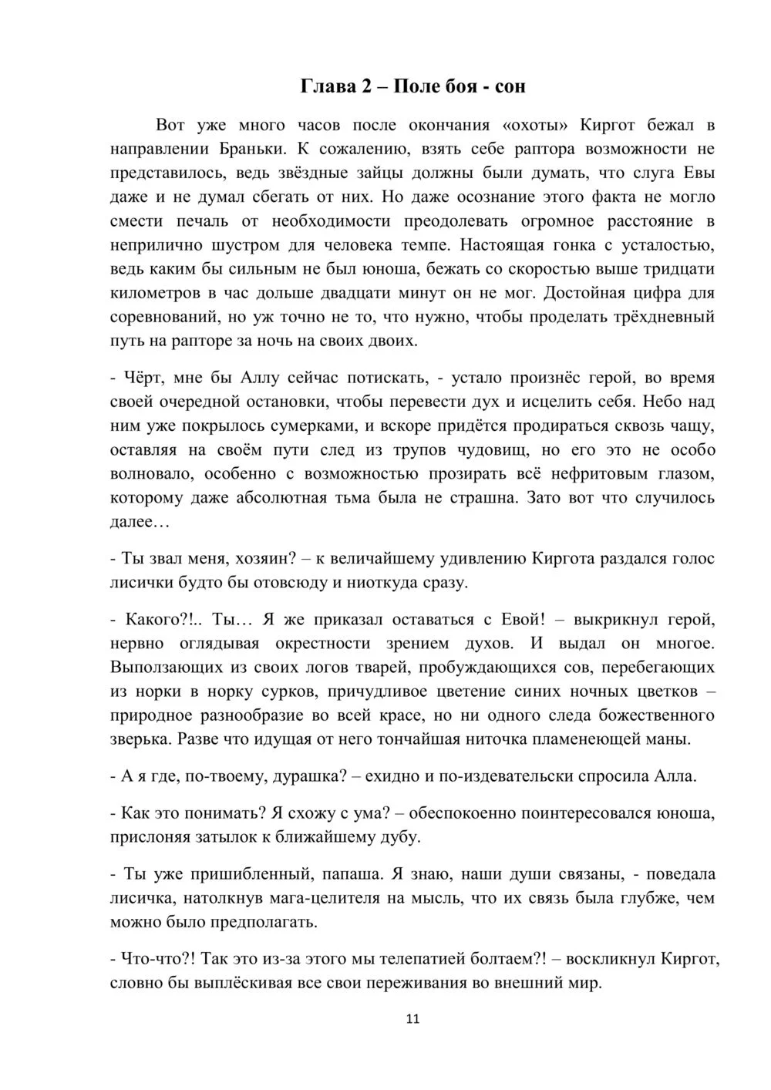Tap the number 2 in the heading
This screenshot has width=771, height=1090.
tap(367, 86)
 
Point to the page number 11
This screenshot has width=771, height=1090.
tap(412, 1019)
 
